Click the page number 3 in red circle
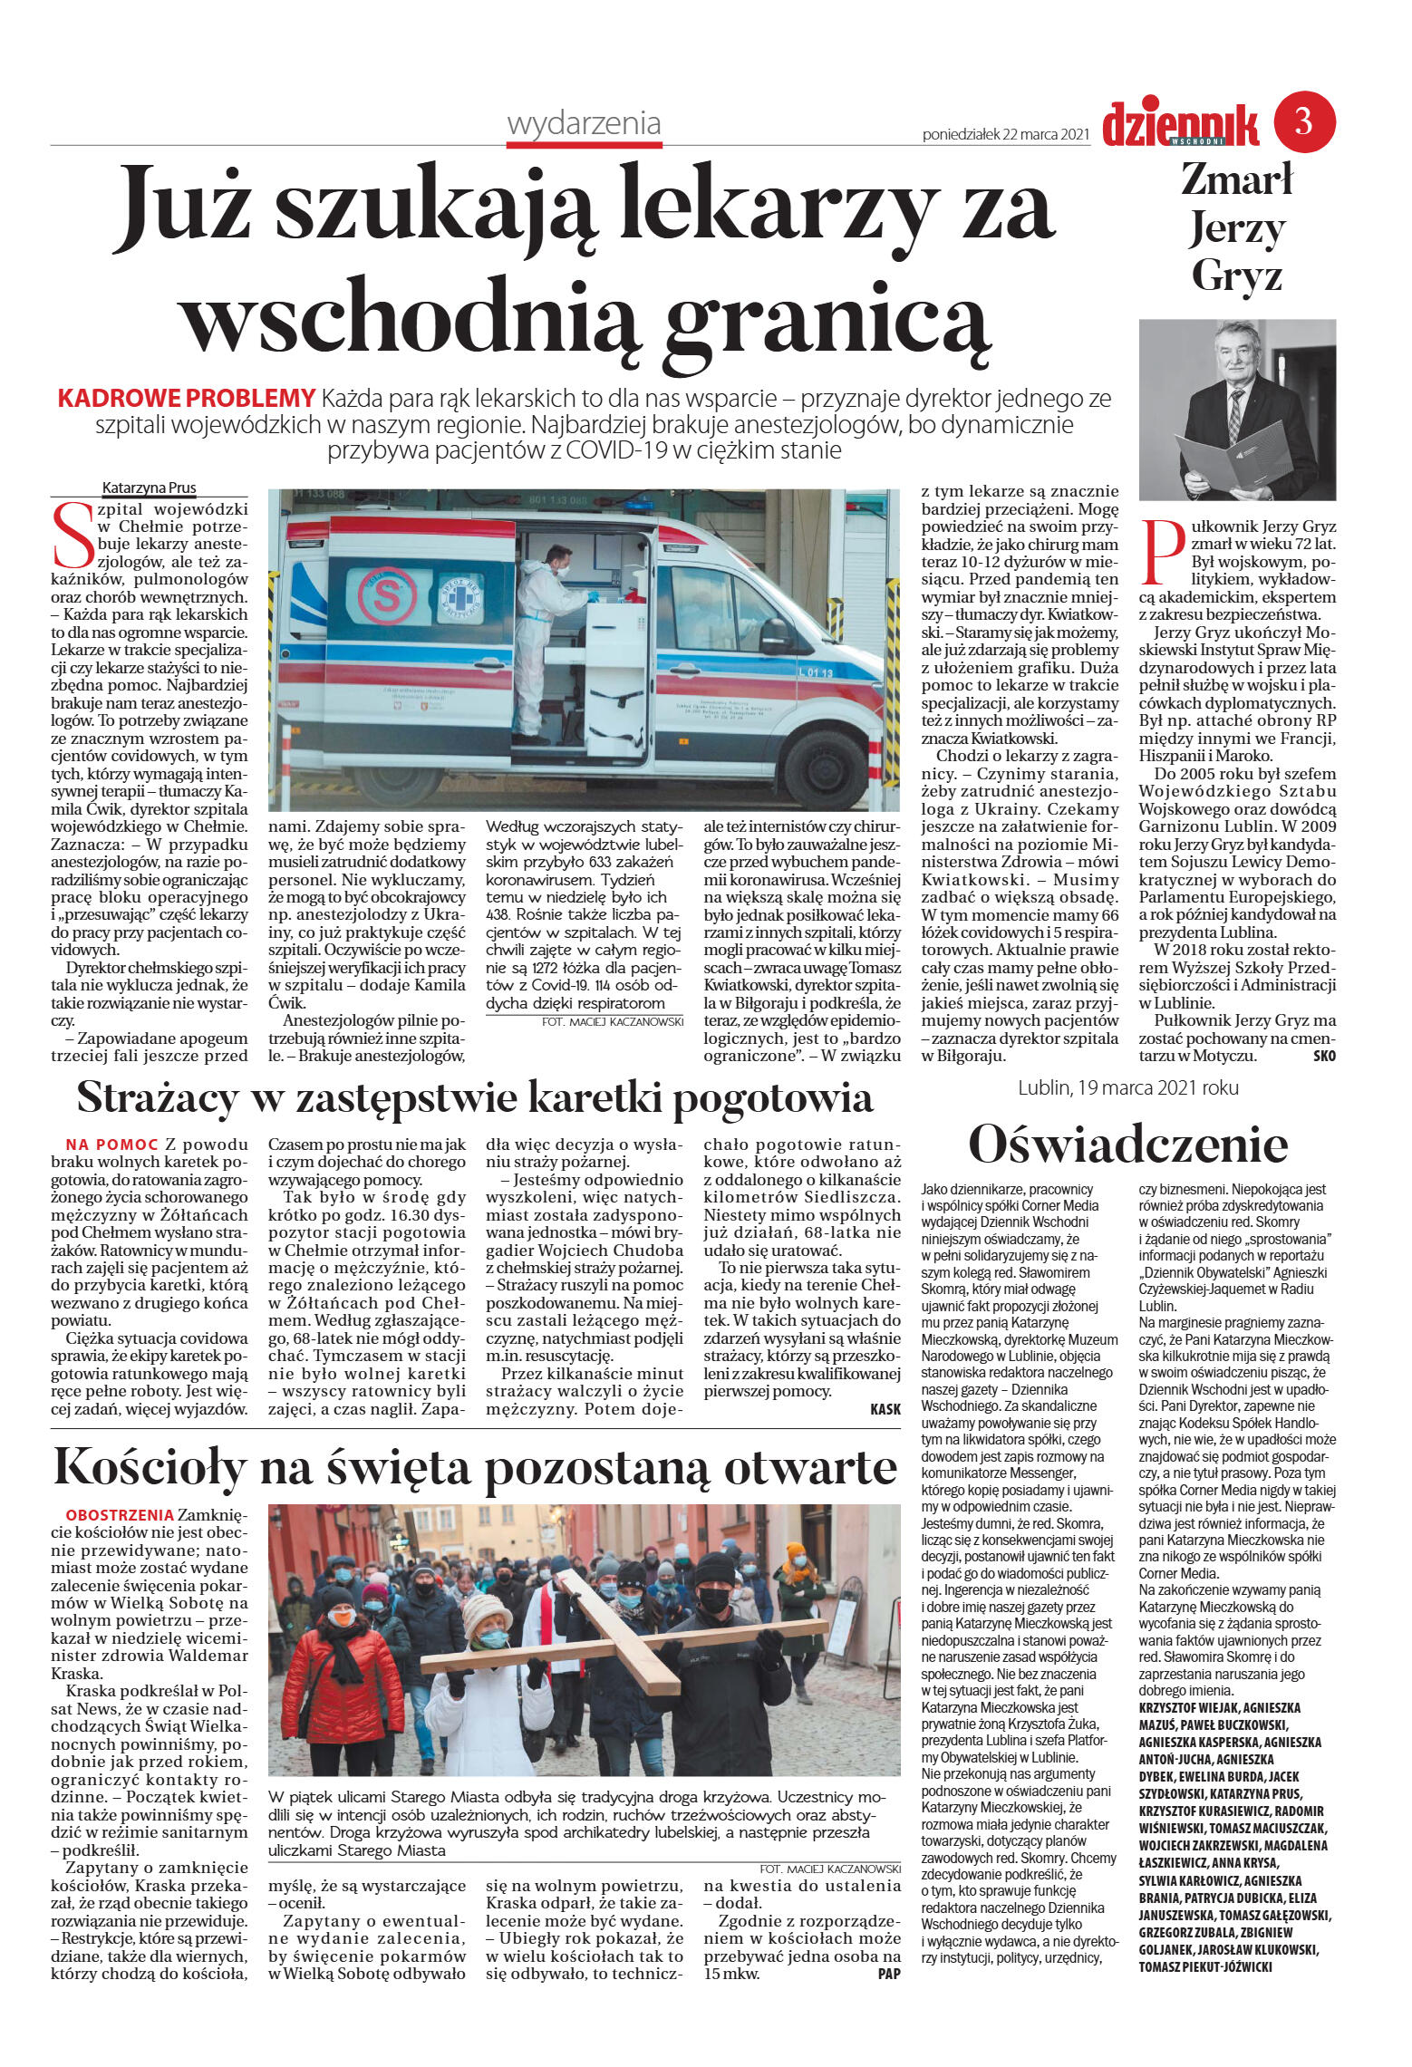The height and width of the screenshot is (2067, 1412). coord(1304,121)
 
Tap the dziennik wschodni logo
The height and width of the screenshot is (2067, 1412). coord(1180,124)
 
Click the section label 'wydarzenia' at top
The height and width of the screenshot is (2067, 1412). coord(584,123)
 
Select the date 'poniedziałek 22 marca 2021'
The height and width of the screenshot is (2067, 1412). coord(1005,134)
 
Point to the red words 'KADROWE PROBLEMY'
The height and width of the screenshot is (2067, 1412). coord(186,398)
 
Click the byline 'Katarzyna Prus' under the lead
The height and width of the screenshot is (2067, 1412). coord(149,488)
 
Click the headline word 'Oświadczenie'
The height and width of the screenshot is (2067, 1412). coord(1127,1144)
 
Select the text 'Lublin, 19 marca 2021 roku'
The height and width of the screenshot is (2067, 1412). coord(1127,1087)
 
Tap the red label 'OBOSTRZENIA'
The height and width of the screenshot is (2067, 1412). coord(119,1515)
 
